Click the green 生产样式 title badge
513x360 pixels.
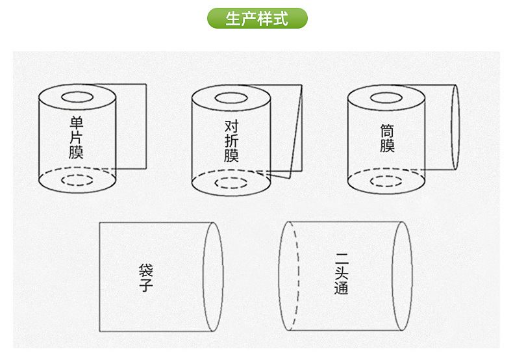tap(257, 18)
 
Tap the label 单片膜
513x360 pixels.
tap(76, 138)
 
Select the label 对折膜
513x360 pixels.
tap(231, 141)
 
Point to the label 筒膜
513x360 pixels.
tap(387, 138)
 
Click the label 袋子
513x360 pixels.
tap(146, 277)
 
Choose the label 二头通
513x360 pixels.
tap(341, 274)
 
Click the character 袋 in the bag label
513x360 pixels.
tap(146, 270)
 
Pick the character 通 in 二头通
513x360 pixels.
tap(341, 288)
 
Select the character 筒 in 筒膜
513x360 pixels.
tap(387, 131)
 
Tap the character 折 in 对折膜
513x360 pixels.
tap(231, 141)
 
